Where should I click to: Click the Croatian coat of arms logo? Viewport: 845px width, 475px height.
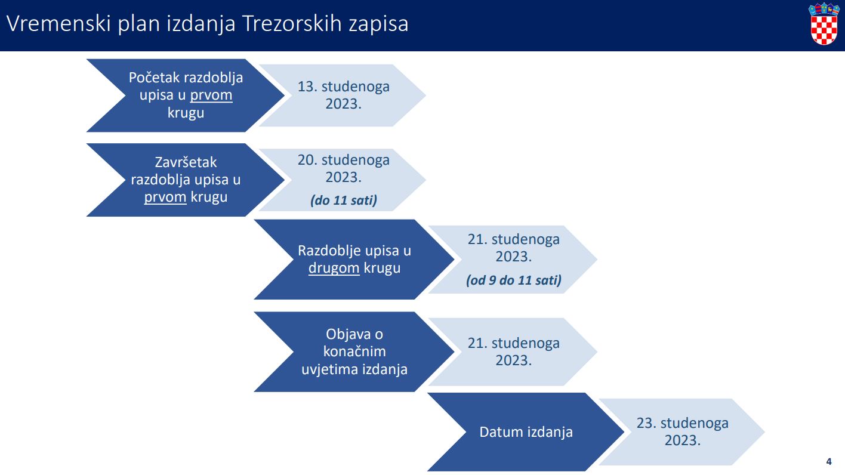[824, 24]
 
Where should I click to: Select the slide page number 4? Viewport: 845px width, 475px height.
[829, 461]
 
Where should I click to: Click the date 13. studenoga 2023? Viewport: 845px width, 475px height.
[343, 95]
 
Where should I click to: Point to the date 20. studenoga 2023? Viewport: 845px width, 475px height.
[343, 168]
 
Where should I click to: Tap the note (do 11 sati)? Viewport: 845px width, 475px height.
[343, 200]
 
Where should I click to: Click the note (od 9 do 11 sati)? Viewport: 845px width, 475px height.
[513, 280]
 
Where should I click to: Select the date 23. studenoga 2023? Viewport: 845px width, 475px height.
[683, 431]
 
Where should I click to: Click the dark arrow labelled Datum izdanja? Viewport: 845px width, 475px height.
[526, 431]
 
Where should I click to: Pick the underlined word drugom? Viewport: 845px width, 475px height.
[334, 268]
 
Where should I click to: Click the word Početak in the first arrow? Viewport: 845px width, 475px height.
[155, 78]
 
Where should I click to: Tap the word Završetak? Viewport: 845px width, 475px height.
[186, 162]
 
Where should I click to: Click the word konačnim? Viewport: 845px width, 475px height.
[354, 351]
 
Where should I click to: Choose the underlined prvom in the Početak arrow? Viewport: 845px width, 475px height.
[211, 95]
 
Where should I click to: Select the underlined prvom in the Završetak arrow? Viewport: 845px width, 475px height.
[165, 197]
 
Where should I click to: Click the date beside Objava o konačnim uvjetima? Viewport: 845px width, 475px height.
[513, 351]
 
